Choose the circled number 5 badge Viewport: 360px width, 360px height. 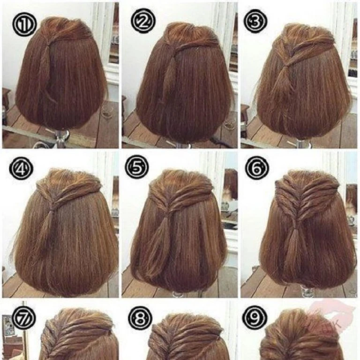tap(137, 167)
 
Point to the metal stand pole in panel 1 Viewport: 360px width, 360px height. tap(61, 136)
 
